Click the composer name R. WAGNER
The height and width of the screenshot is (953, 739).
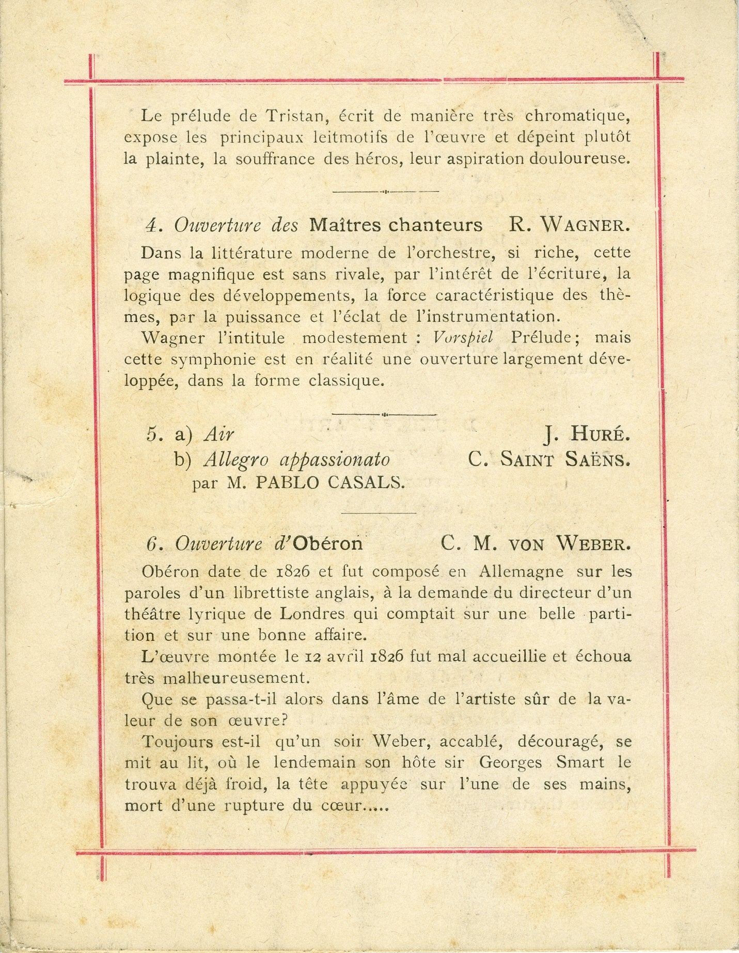coord(570,225)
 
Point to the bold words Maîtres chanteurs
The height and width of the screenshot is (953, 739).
coord(396,225)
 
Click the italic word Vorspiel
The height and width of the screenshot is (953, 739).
coord(463,337)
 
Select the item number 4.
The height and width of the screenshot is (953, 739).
coord(151,226)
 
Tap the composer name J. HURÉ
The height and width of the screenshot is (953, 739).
coord(587,434)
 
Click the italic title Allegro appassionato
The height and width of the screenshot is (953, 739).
coord(297,459)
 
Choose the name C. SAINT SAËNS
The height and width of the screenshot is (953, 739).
coord(549,459)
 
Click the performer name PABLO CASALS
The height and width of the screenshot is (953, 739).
coord(331,482)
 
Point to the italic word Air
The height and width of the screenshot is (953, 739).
coord(218,434)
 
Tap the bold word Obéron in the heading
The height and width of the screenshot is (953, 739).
coord(328,543)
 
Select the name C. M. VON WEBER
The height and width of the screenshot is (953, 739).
coord(536,543)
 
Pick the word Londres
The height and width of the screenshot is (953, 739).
coord(312,614)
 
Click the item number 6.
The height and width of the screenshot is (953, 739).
coord(151,544)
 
